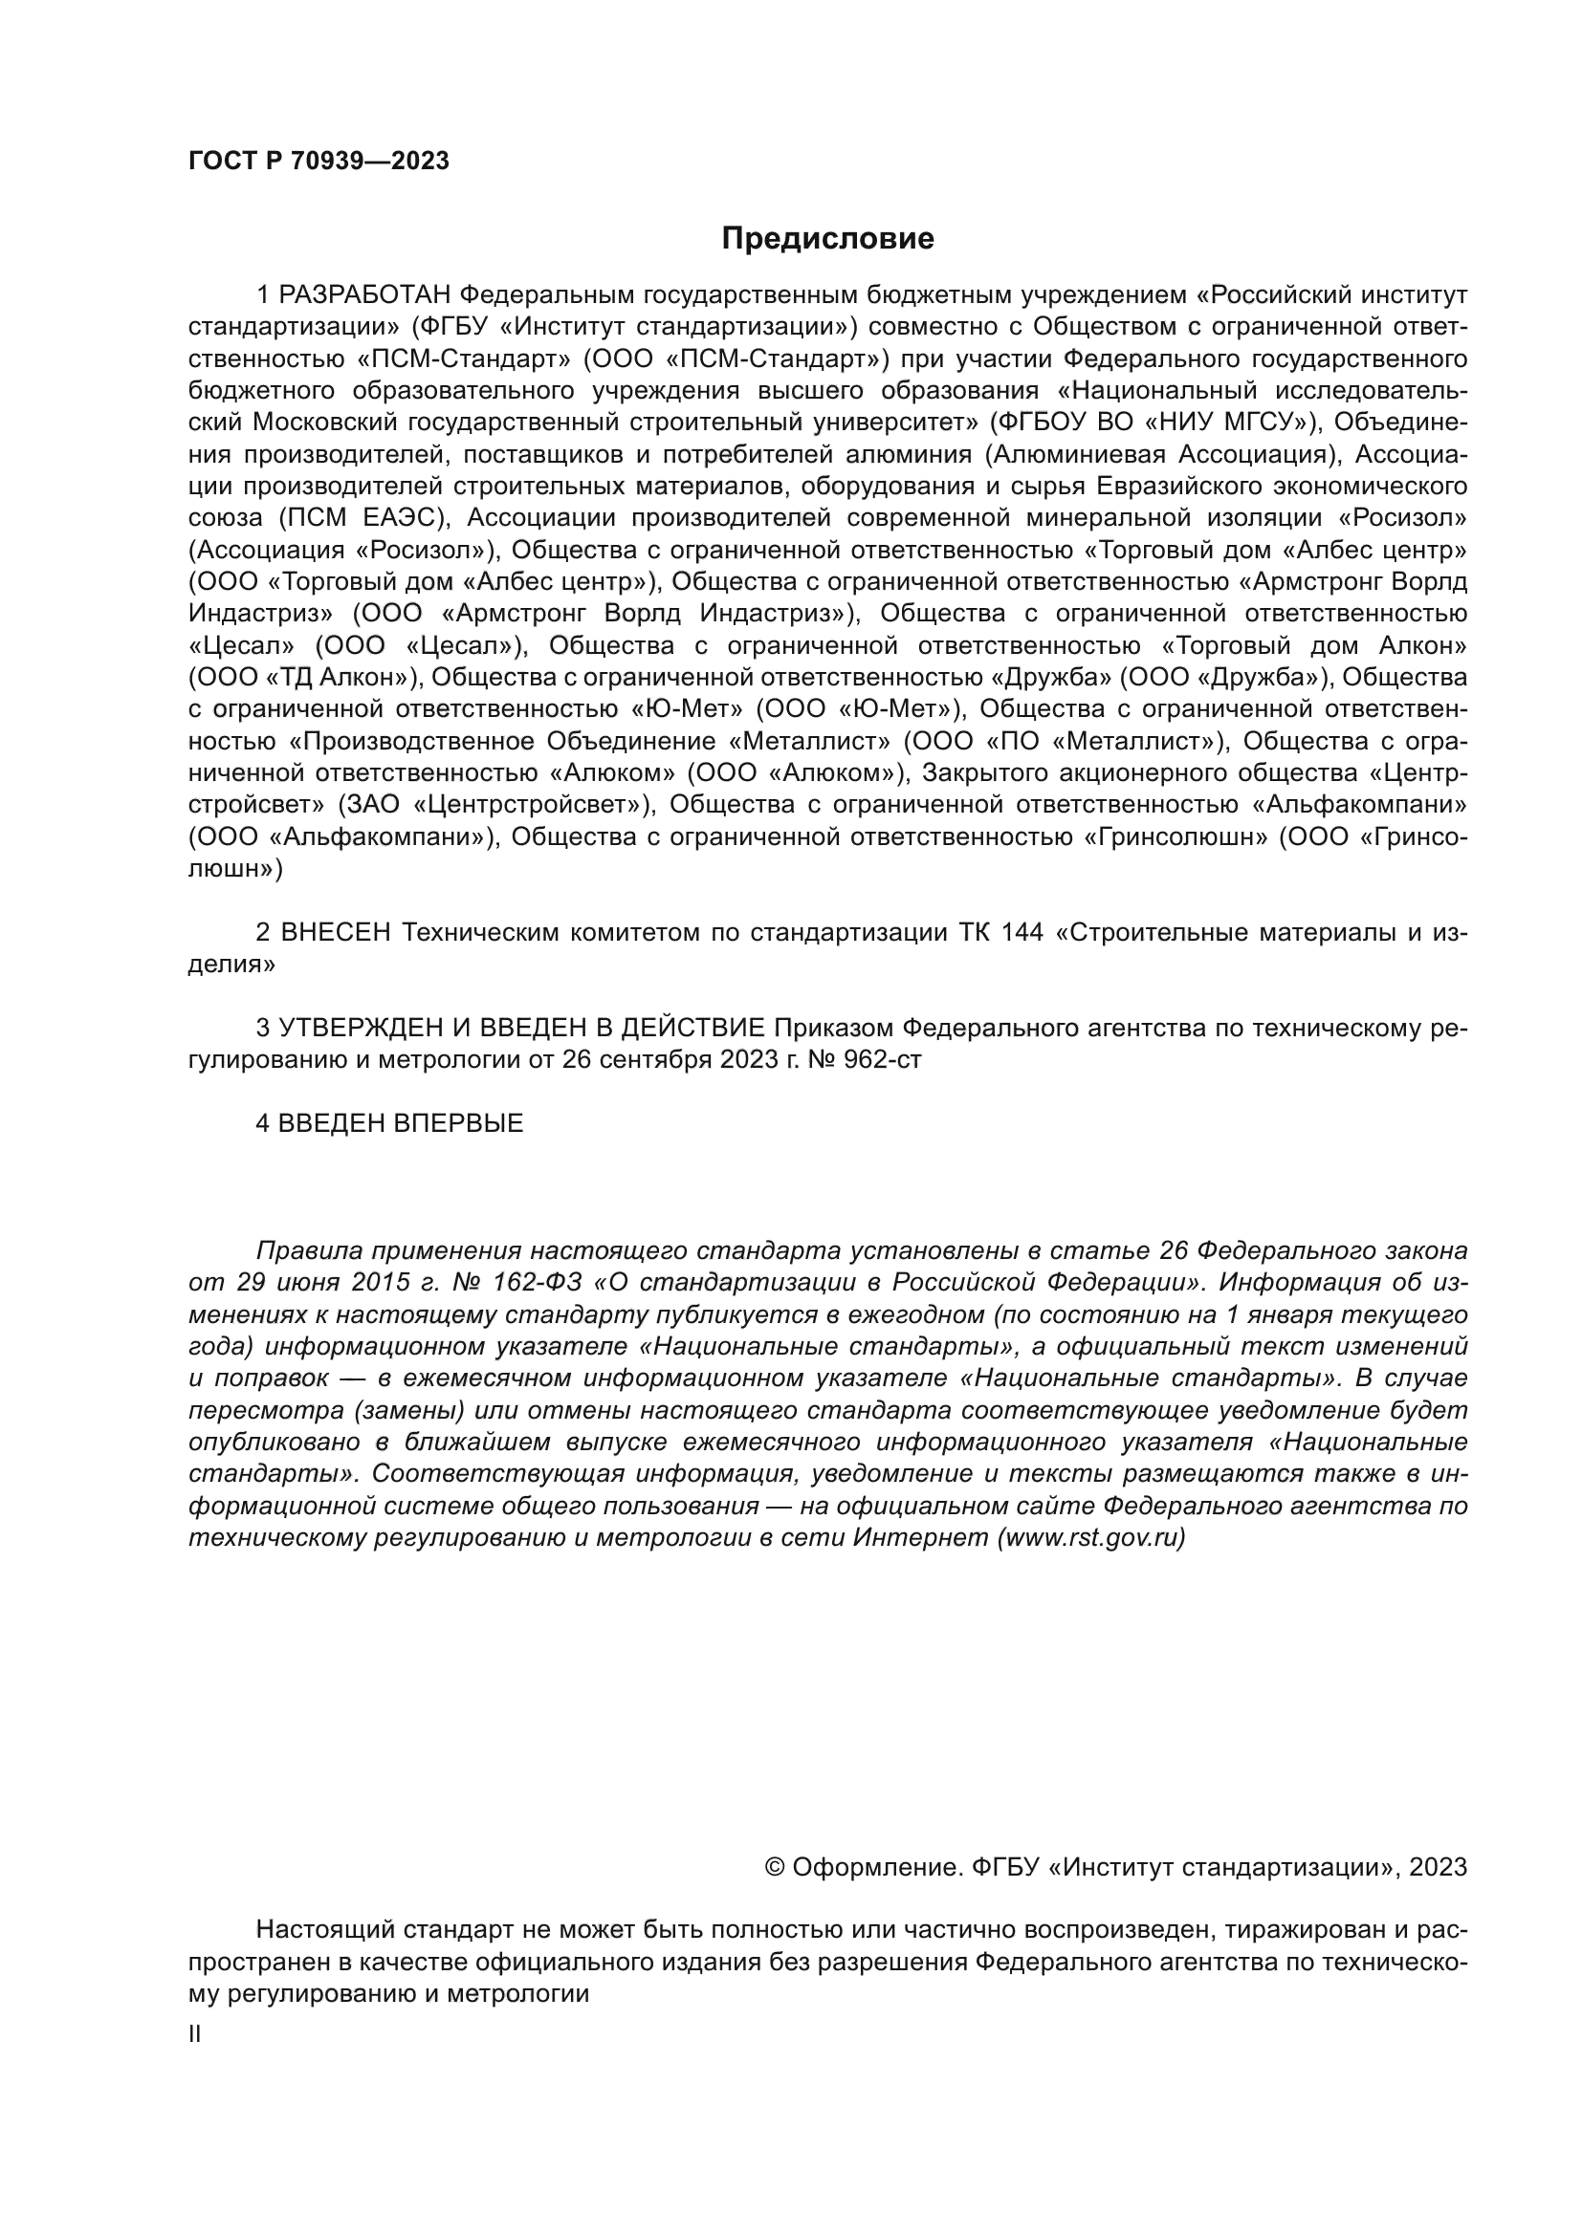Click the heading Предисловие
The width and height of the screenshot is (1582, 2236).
click(827, 239)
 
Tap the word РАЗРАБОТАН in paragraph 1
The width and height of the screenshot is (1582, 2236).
click(365, 294)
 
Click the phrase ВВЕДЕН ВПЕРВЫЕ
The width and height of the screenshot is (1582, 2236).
click(401, 1123)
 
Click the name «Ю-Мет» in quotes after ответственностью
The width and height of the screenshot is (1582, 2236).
click(689, 709)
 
